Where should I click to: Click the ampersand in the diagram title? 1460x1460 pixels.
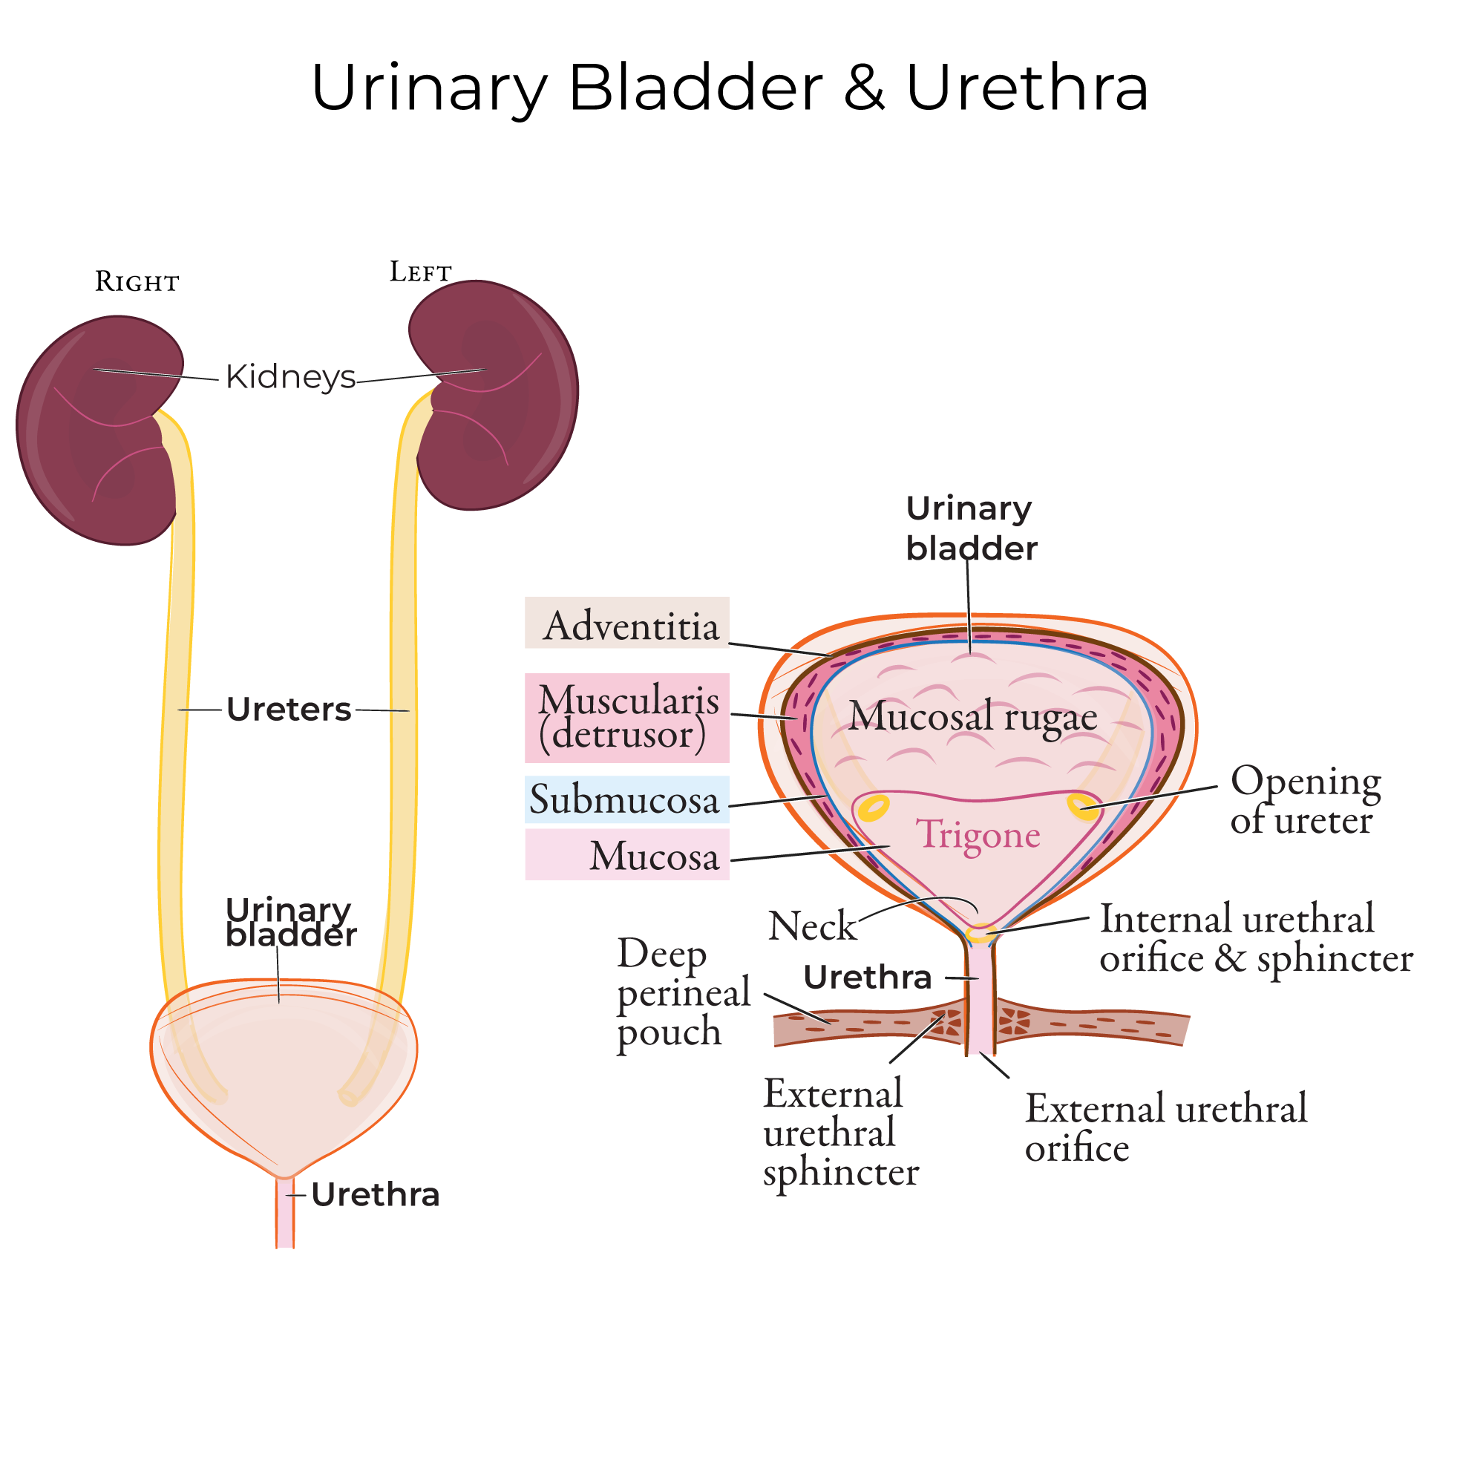(864, 88)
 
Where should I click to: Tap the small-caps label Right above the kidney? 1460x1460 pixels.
(137, 282)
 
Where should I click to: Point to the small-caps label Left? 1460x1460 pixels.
(420, 272)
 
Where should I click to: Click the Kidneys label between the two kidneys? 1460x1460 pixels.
(290, 376)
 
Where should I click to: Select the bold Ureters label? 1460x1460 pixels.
(289, 710)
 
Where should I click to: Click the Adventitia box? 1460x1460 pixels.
(626, 623)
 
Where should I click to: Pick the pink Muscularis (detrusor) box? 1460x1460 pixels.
(626, 718)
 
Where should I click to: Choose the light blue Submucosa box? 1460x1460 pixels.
(626, 799)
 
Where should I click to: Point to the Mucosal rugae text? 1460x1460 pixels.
(972, 716)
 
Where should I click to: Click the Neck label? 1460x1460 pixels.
(811, 926)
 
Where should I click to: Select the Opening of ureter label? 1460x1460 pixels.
(1305, 800)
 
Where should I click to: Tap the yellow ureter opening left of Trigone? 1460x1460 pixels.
(874, 808)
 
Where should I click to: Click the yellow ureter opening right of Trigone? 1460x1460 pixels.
(1082, 806)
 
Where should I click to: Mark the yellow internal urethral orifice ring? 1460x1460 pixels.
(979, 934)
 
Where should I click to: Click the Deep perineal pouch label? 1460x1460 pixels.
(682, 992)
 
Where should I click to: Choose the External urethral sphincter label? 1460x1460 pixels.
(839, 1133)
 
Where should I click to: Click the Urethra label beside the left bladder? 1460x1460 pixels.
(375, 1195)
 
